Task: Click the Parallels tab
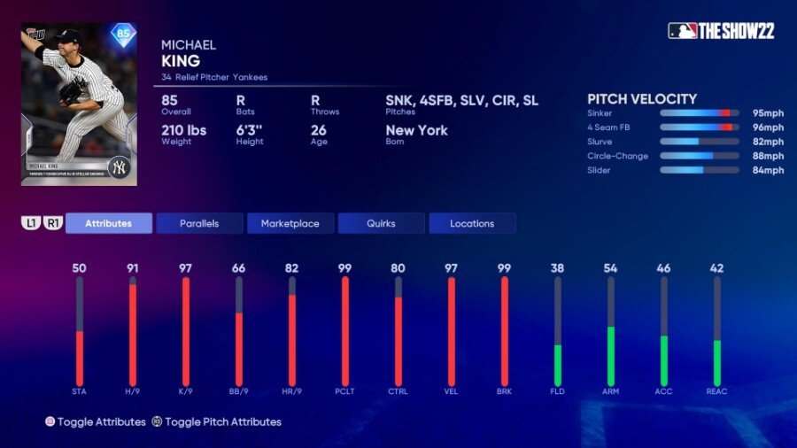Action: coord(199,223)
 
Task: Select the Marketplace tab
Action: coord(290,223)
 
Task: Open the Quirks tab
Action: coord(381,223)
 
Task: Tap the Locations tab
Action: coord(472,223)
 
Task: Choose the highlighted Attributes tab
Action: coord(109,223)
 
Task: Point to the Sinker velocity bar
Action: coord(700,113)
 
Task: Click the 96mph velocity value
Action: coord(769,127)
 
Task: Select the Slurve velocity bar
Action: coord(700,142)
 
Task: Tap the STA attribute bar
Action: coord(79,331)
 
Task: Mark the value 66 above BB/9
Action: coord(238,268)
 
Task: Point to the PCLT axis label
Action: coord(344,391)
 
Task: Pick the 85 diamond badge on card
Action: coord(123,35)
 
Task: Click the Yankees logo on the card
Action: coord(119,167)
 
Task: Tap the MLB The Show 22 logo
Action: coord(721,31)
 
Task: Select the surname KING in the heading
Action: coord(181,61)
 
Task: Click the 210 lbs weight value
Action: coord(184,130)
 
